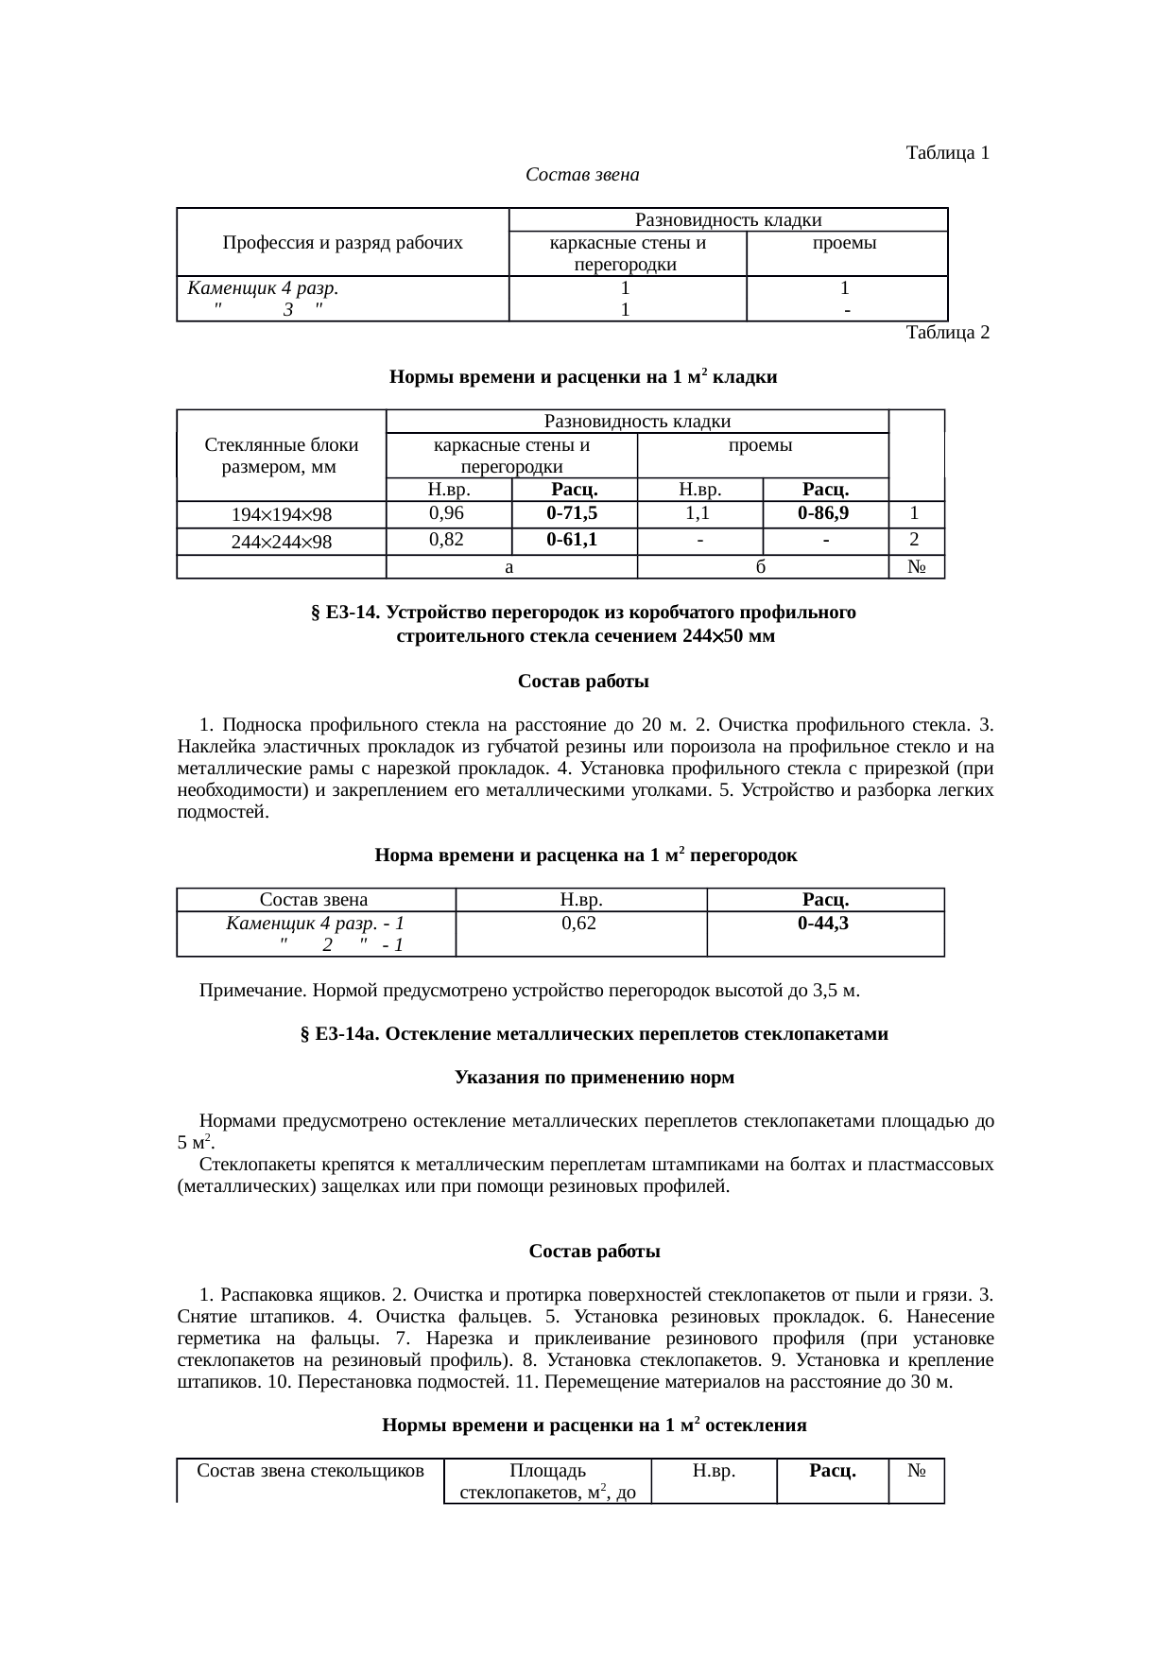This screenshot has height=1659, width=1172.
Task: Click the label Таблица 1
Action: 947,152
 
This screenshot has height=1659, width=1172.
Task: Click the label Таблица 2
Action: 947,333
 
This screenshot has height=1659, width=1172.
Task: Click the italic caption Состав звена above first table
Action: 582,175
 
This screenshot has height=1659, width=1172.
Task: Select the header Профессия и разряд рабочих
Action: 342,243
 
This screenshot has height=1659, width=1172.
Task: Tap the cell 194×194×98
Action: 282,515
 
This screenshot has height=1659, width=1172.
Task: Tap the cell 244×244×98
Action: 282,542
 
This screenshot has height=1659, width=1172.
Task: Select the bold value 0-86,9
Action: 823,513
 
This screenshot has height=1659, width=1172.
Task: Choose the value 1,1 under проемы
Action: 698,513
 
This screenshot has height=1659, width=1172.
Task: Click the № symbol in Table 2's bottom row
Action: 915,567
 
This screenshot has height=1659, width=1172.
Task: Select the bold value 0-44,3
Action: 823,924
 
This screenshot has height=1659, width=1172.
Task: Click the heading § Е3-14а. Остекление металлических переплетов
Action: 594,1034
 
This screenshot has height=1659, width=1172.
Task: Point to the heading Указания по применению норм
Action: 595,1078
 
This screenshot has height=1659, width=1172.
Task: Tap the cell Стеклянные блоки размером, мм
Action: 282,455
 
